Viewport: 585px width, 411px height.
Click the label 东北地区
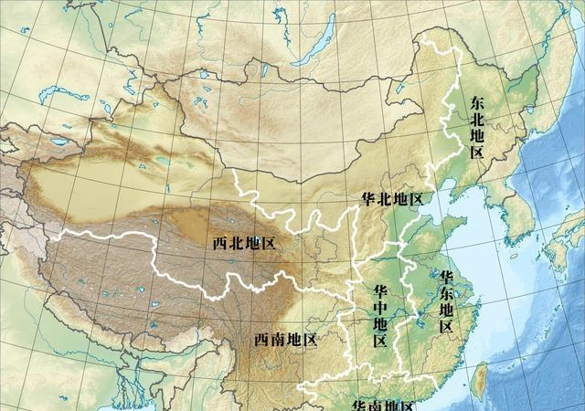point(476,127)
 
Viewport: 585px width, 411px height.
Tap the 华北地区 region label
point(390,199)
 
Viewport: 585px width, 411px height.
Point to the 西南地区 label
point(285,340)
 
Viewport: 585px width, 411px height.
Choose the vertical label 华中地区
point(380,316)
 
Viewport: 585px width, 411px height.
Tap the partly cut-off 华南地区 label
point(383,406)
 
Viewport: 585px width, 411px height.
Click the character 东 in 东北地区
point(476,102)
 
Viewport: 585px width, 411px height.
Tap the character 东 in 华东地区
point(447,292)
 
